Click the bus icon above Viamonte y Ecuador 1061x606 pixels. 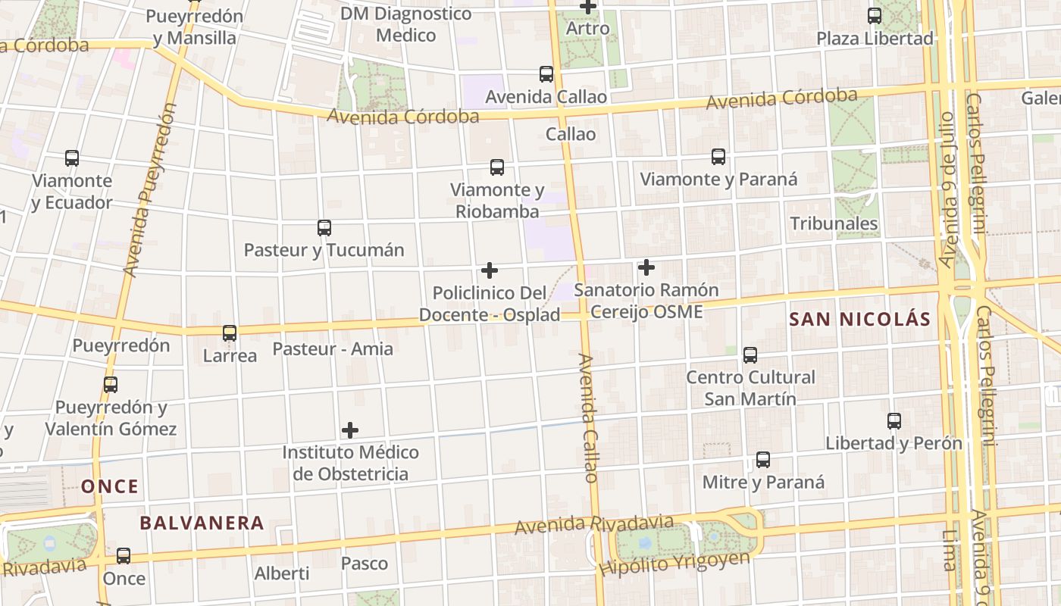[72, 158]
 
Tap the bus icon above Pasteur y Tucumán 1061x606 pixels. [324, 227]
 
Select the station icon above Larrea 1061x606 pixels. [230, 333]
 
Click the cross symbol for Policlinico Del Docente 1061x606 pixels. [490, 270]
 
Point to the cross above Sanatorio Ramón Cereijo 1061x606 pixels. [646, 267]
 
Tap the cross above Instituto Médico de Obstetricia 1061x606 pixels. [349, 430]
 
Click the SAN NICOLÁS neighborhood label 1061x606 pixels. [859, 319]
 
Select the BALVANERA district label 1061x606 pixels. [202, 523]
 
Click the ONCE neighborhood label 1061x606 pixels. [110, 486]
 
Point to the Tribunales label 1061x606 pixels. [834, 223]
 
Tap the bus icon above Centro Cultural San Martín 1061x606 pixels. [750, 355]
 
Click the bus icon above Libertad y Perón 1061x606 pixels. [894, 421]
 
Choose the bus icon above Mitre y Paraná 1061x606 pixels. [763, 460]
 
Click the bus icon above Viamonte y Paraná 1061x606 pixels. [718, 157]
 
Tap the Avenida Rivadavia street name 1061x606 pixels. [593, 524]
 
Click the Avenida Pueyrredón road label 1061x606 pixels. [149, 189]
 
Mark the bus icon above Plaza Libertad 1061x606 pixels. [874, 15]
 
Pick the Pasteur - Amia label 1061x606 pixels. [333, 348]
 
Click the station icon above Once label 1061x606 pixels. [124, 556]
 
